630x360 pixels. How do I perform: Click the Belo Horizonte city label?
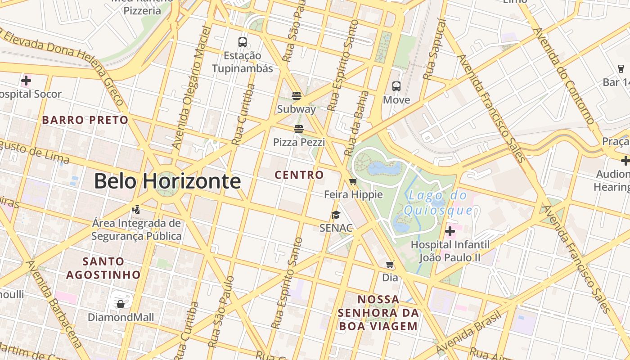click(x=167, y=181)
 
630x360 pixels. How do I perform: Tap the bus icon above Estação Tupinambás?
click(x=243, y=42)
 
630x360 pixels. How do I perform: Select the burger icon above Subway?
click(x=296, y=95)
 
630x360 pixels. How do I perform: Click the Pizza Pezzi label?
click(x=299, y=142)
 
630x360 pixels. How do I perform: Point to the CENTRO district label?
click(x=299, y=175)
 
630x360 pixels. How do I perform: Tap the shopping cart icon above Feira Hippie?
click(x=353, y=182)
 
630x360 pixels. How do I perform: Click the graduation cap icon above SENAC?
click(x=336, y=215)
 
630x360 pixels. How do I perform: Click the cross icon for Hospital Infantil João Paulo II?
click(x=450, y=231)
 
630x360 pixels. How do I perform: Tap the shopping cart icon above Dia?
click(x=390, y=265)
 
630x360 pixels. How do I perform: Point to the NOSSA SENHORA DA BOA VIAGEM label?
click(x=378, y=313)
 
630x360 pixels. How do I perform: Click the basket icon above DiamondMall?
click(x=121, y=304)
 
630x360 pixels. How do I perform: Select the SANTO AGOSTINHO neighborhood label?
click(x=103, y=268)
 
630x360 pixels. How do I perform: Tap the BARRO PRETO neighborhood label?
click(x=85, y=120)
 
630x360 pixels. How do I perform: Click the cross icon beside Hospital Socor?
click(x=26, y=81)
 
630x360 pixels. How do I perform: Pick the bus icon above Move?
click(x=396, y=86)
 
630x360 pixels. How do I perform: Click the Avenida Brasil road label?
click(x=468, y=333)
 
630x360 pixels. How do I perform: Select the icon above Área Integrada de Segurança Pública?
click(x=136, y=209)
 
